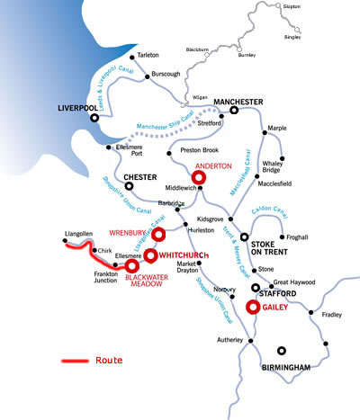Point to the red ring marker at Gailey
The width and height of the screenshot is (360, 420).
coord(253,307)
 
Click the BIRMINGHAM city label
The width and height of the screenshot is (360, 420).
coord(286,367)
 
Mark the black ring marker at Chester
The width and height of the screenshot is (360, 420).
coord(129,186)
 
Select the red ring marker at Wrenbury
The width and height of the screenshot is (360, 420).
coord(159,235)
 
